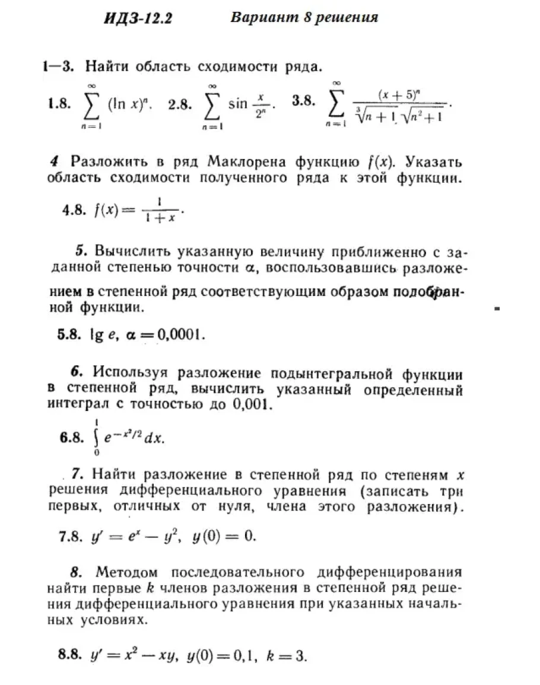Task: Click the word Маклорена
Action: [x=255, y=161]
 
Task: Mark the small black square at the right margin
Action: [x=497, y=308]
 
